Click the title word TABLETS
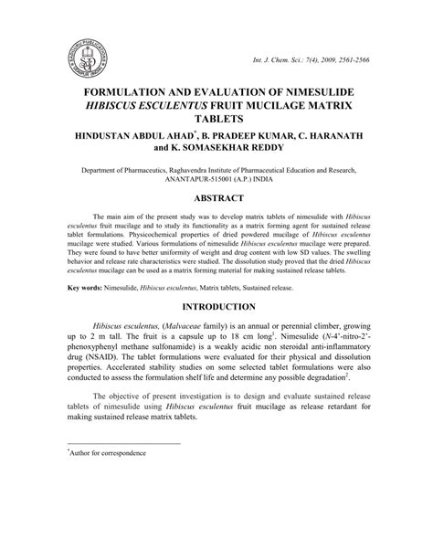216,121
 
